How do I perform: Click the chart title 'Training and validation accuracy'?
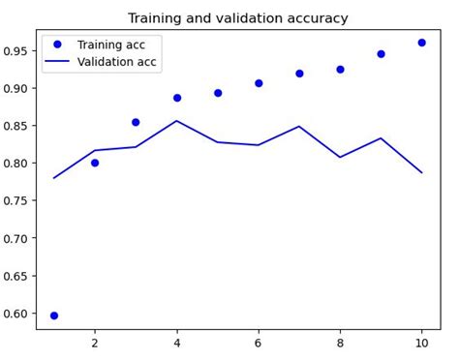(x=237, y=18)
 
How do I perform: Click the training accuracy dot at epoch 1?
(x=54, y=315)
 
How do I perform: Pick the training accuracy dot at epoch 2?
(x=95, y=163)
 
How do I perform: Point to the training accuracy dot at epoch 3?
(x=136, y=122)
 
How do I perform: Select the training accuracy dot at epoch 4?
(x=177, y=98)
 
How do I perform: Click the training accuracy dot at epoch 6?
(x=259, y=83)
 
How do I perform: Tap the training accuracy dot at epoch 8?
(x=340, y=70)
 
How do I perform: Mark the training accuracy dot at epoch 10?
(x=421, y=43)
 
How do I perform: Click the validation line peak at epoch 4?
(x=177, y=121)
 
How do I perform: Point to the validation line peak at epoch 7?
(x=299, y=126)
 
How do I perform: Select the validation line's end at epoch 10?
(x=421, y=172)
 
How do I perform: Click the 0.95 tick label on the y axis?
(x=17, y=50)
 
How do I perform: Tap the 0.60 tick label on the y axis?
(x=17, y=314)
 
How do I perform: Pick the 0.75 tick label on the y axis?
(x=17, y=200)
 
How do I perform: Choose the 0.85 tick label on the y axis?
(x=17, y=126)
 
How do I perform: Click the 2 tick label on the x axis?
(x=95, y=343)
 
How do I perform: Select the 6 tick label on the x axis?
(x=259, y=343)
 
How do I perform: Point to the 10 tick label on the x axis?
(x=421, y=343)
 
